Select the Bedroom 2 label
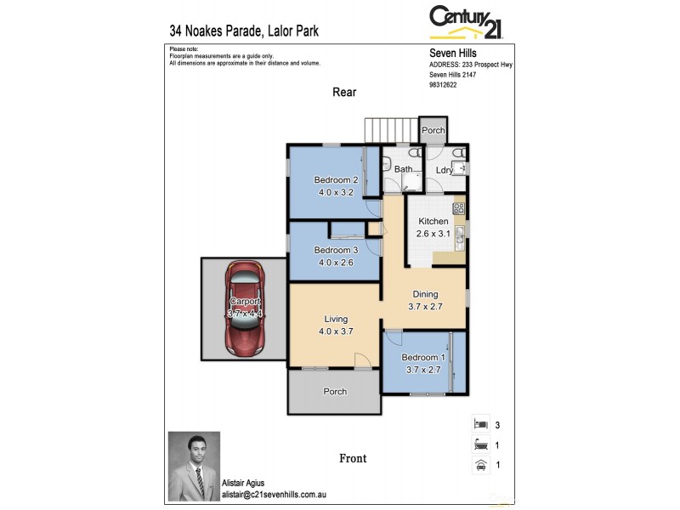336,180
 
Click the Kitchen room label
433,221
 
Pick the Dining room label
425,294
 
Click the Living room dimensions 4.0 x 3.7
335,331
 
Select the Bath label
404,169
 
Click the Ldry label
444,170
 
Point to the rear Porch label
433,131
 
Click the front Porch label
335,392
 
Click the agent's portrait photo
194,466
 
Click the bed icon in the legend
480,423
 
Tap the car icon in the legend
480,464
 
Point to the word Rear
344,92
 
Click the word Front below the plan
353,458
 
